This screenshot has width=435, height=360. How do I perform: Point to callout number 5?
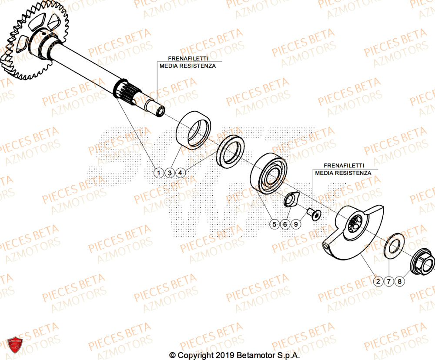coord(274,224)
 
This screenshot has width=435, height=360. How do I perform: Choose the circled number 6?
coord(285,224)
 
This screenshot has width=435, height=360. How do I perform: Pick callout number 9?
coord(296,224)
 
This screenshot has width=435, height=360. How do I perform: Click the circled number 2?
coord(378,281)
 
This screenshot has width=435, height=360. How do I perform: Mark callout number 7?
coord(389,281)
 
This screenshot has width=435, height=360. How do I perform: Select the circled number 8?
coord(400,281)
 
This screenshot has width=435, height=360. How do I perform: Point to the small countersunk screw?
coord(313,213)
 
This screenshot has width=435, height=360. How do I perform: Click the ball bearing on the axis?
coord(268,173)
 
